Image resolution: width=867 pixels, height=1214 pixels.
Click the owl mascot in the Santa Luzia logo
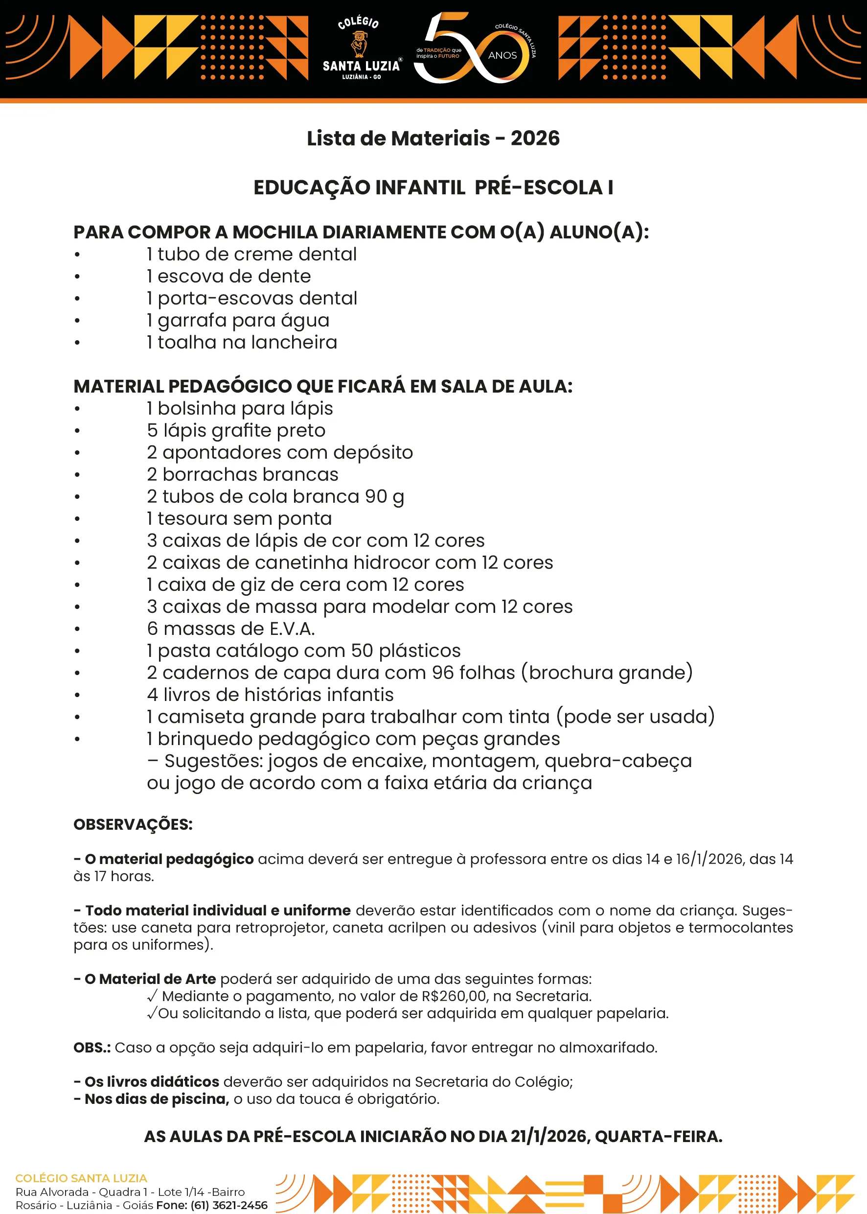point(360,45)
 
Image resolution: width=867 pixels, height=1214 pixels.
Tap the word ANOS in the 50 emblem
point(502,55)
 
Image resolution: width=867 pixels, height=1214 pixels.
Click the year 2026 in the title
point(535,139)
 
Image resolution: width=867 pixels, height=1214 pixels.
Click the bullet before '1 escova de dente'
point(77,277)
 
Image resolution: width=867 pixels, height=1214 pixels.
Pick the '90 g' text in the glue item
point(385,497)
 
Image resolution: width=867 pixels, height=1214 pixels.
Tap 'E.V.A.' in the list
point(292,629)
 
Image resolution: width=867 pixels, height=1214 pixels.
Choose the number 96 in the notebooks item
point(443,673)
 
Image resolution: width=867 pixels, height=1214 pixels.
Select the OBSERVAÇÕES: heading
point(133,824)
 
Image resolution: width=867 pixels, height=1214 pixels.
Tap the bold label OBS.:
point(92,1048)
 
